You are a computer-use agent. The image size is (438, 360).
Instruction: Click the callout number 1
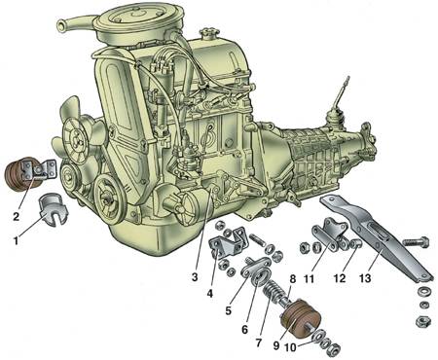[x=16, y=240]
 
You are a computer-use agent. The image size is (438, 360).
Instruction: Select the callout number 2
[x=16, y=216]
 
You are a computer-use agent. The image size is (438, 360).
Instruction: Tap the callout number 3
[x=195, y=277]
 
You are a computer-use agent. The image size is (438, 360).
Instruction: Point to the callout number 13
[x=365, y=278]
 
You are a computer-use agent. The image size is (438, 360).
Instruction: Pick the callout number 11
[x=309, y=278]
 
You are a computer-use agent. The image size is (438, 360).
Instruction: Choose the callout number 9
[x=276, y=345]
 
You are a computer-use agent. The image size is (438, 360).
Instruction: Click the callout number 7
[x=259, y=342]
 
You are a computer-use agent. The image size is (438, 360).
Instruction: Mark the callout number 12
[x=340, y=278]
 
